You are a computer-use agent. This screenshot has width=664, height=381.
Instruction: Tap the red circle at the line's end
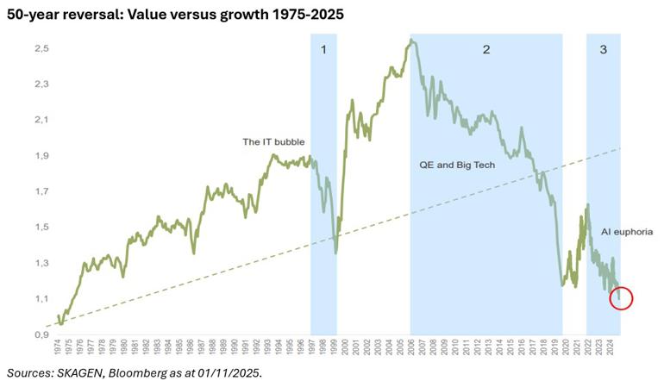click(x=620, y=299)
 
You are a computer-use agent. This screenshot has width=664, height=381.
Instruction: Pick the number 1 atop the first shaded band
click(x=323, y=50)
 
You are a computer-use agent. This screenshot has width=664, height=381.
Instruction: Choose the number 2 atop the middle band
click(x=486, y=50)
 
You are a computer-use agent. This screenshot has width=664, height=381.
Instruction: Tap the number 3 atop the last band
click(x=604, y=50)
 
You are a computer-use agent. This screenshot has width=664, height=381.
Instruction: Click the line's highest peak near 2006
click(x=413, y=41)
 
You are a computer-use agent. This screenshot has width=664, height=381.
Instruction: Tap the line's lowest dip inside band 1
click(x=336, y=253)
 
